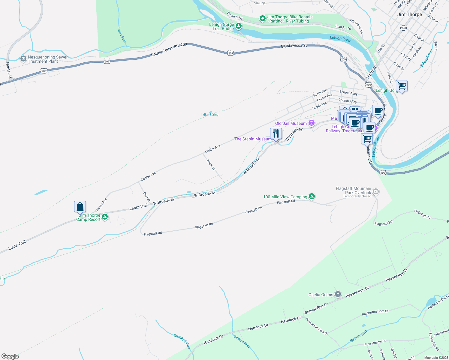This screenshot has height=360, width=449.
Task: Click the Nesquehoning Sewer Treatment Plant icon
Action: (23, 59)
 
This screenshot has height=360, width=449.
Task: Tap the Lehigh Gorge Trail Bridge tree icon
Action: (239, 26)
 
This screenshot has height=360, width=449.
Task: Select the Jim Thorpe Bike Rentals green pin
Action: (262, 19)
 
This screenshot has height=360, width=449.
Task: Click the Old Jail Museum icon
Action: (312, 123)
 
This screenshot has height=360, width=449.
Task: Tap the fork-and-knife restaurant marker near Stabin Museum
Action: (276, 134)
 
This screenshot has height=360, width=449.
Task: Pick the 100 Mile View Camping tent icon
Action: (312, 197)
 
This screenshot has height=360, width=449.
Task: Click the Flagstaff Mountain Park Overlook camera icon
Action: (375, 191)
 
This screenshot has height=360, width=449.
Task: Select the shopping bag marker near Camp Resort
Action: (80, 207)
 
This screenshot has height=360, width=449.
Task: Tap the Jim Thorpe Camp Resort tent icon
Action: (105, 217)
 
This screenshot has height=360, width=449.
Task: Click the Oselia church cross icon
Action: (338, 294)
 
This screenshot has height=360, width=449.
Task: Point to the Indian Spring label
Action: (209, 115)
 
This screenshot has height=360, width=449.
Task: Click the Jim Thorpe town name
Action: (409, 14)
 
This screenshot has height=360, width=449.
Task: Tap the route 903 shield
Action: (403, 28)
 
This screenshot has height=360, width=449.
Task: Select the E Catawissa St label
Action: (294, 46)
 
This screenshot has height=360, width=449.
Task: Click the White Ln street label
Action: (211, 165)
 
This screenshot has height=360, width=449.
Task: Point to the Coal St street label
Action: (146, 196)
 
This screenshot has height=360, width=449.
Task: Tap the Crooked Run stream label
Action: (182, 341)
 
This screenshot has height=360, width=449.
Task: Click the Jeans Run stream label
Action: (121, 34)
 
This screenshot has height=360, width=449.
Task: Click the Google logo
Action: (10, 356)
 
